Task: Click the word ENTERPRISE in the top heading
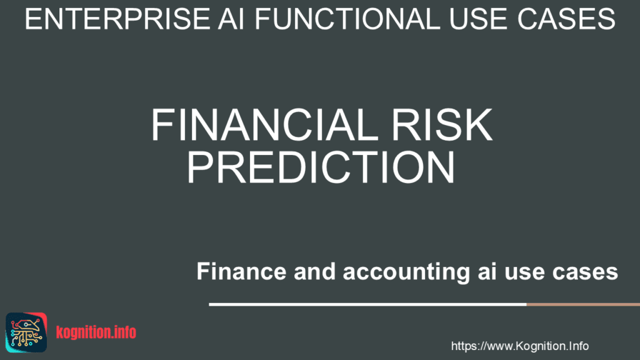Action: (117, 19)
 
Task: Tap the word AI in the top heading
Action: (231, 19)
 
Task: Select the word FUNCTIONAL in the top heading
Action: (347, 19)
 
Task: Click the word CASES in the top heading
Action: (566, 19)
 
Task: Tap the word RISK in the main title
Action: (442, 125)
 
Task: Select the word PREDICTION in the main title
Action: (321, 167)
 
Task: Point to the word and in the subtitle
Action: (315, 271)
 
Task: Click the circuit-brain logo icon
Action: (26, 332)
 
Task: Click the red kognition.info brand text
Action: (96, 332)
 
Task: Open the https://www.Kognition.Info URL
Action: (520, 346)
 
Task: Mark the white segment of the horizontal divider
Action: (367, 304)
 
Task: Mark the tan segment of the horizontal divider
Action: (583, 304)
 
